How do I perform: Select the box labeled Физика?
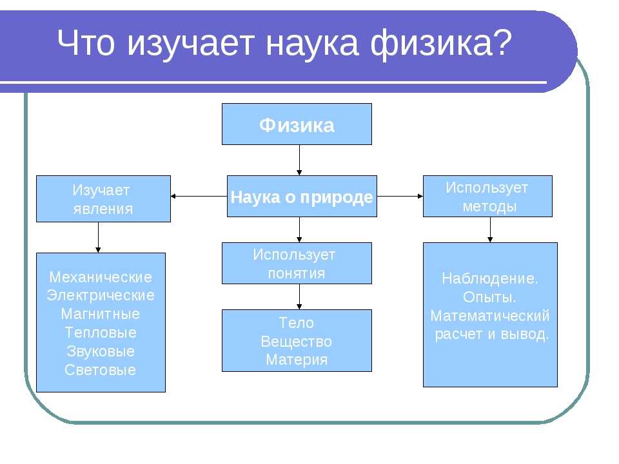point(297,124)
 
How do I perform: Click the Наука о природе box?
point(302,196)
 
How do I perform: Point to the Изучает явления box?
point(103,199)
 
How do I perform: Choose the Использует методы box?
point(487,196)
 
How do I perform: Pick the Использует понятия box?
point(297,263)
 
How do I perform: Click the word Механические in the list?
point(101,277)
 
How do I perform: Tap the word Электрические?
point(101,296)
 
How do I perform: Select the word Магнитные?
point(101,314)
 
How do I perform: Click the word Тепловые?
point(101,333)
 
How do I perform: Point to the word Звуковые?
point(101,351)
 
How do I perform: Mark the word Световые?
point(101,370)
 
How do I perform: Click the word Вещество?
point(297,342)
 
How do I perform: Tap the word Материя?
point(297,360)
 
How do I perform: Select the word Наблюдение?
point(490,278)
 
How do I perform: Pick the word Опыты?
point(489,297)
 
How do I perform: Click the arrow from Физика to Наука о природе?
point(299,160)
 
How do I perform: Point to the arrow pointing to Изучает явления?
point(199,196)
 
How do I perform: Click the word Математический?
point(490,316)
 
